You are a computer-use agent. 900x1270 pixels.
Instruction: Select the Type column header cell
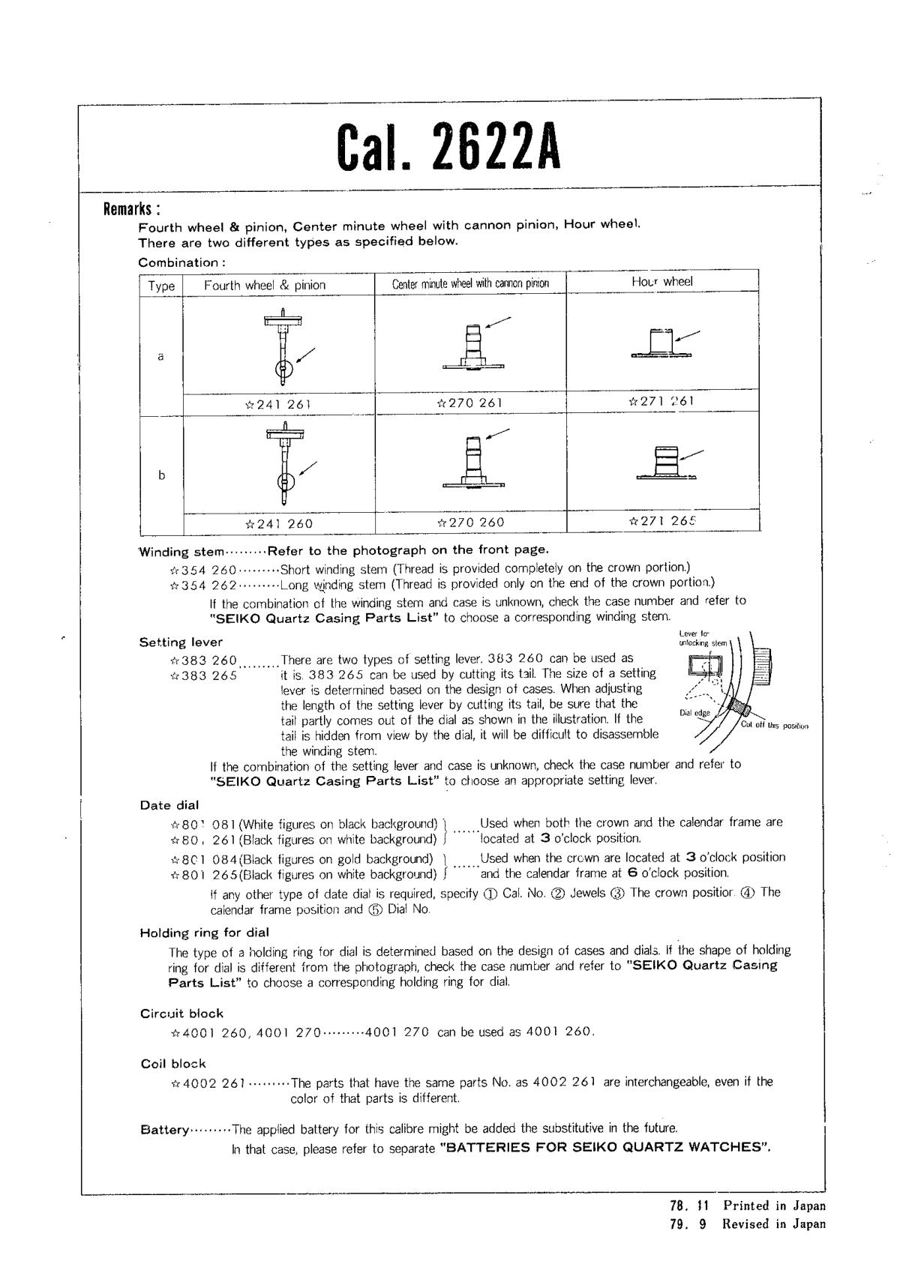tap(161, 286)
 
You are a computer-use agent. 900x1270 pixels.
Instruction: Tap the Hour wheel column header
tap(662, 281)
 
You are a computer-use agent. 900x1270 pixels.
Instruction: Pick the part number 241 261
tap(278, 404)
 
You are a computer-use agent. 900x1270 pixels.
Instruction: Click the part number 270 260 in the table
tap(470, 523)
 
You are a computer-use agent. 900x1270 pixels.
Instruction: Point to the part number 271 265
tap(662, 520)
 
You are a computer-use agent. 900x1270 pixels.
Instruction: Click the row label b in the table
tap(161, 475)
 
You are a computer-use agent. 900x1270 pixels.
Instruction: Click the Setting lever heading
tap(181, 642)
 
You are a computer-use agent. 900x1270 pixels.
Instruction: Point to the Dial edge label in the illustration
tap(694, 712)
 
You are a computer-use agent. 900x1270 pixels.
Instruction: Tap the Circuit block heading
tap(181, 1014)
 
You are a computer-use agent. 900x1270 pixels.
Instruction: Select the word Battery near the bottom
tap(164, 1131)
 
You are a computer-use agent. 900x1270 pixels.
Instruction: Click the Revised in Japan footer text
tap(772, 1224)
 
